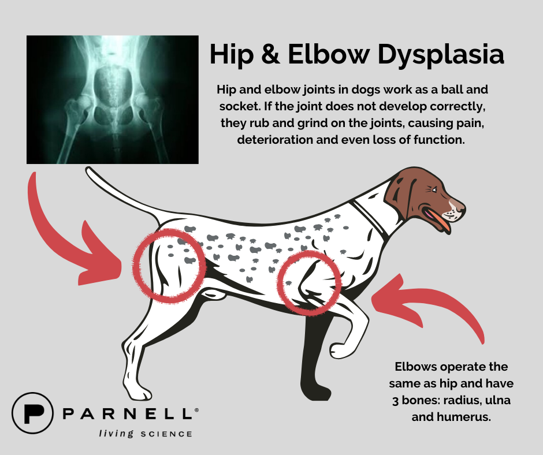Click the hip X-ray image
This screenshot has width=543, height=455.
pos(113,99)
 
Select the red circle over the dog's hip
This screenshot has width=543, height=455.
pos(169,265)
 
